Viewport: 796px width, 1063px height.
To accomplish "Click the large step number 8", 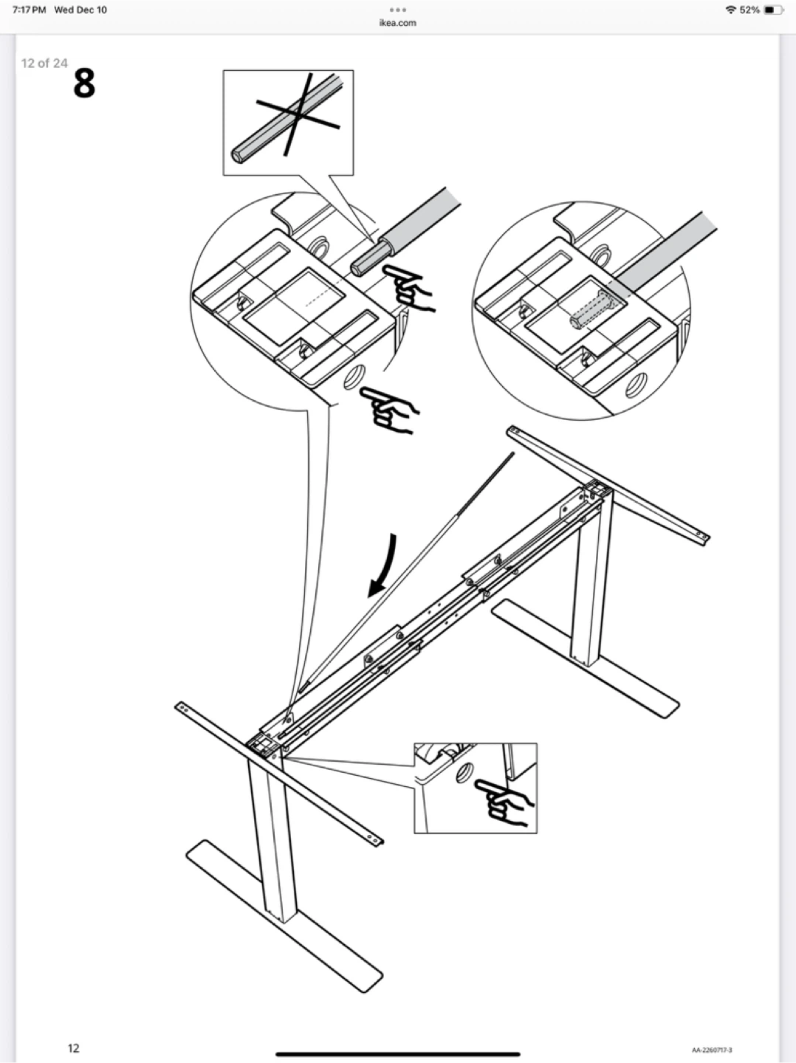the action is coord(84,83).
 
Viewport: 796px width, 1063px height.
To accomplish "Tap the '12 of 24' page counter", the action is coord(44,63).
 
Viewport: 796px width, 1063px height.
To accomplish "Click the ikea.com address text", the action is coord(397,22).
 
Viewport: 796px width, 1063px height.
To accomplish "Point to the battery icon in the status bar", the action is coord(774,10).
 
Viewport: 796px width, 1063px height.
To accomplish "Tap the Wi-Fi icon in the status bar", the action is coord(731,10).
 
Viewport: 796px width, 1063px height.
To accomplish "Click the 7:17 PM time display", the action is coord(29,10).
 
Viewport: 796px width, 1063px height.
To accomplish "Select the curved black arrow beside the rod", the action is coord(383,565).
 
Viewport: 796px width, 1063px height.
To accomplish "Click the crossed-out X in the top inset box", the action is coord(298,114).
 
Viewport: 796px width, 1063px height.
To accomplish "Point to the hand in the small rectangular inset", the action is coord(504,802).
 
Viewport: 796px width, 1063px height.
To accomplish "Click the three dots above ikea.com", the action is coord(397,10).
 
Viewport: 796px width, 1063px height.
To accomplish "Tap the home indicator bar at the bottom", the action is coord(397,1054).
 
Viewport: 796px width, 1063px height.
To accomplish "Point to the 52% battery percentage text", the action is coord(749,10).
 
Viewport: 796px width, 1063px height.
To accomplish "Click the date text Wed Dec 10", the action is coord(80,10).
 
